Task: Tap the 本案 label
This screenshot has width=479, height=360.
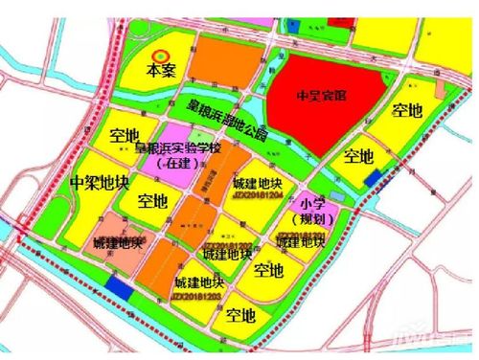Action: [162, 73]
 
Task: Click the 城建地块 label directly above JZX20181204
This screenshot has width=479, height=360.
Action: [257, 182]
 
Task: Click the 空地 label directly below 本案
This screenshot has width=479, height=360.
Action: [125, 133]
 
